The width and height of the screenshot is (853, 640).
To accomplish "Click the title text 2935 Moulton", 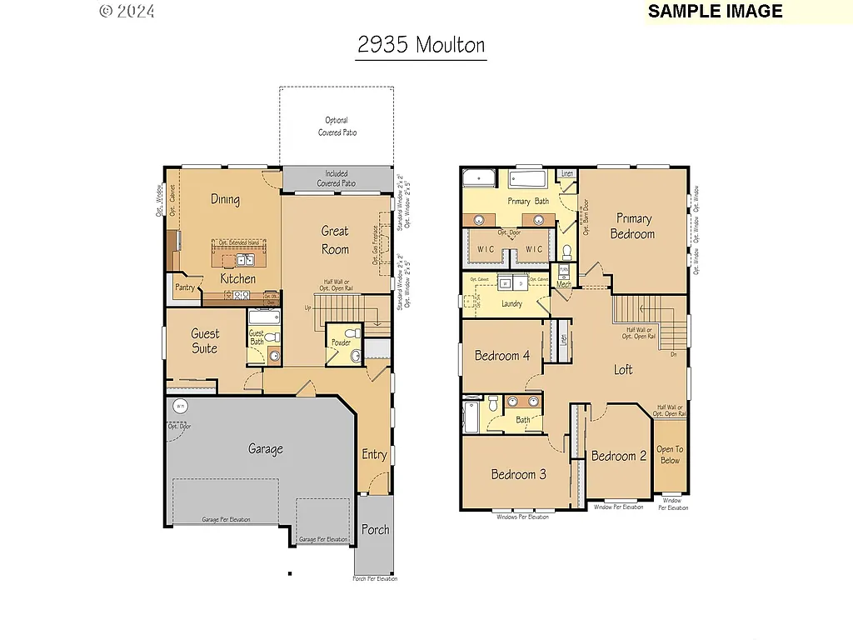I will click(421, 44).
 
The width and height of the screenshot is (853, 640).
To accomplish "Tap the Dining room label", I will click(225, 199).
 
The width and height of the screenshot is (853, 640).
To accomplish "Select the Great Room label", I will click(335, 240).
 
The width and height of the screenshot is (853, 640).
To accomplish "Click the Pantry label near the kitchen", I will click(185, 288).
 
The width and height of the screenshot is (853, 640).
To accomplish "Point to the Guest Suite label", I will click(205, 341).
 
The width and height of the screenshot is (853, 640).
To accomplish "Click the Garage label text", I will click(265, 449).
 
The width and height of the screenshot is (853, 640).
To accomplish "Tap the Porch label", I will click(375, 529).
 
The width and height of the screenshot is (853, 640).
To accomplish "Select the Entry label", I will click(374, 454).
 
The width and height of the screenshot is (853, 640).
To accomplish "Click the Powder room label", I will click(341, 342).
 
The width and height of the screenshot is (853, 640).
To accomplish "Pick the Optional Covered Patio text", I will click(337, 126).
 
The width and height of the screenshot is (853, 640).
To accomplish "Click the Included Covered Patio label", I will click(337, 178).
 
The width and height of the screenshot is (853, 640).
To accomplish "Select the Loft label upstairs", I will click(623, 369).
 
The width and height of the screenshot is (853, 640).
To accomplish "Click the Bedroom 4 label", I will click(502, 356).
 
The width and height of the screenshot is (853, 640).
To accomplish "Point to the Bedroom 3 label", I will click(518, 474).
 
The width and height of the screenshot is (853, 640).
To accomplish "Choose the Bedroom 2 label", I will click(619, 456).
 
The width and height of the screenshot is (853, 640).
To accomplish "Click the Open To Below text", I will click(670, 454).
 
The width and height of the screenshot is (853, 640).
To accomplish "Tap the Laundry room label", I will click(511, 304).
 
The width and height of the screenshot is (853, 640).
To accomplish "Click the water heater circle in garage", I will click(180, 407).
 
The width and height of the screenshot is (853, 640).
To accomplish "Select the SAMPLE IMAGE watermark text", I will click(716, 11).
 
